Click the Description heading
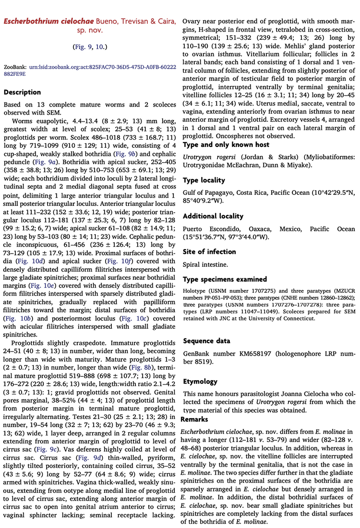(x=22, y=92)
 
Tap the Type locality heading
(x=204, y=180)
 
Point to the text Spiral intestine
(x=205, y=264)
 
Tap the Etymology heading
(x=200, y=382)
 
